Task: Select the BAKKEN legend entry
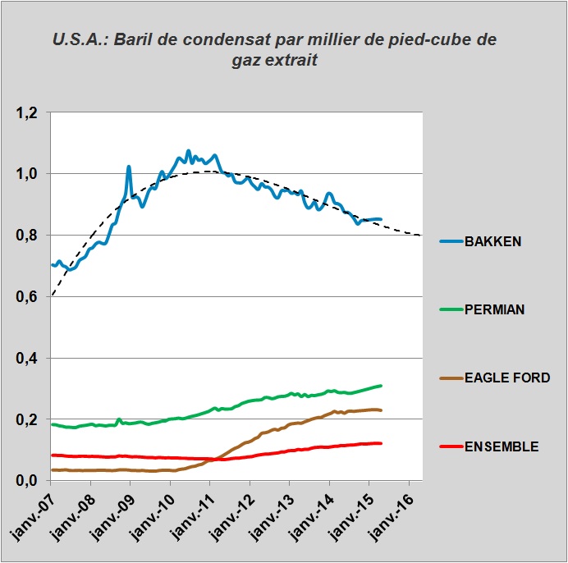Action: click(492, 242)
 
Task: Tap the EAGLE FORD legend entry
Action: click(506, 378)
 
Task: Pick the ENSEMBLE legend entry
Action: click(501, 446)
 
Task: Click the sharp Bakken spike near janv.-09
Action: click(129, 167)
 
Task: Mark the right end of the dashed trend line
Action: click(420, 236)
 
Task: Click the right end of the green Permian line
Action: click(381, 386)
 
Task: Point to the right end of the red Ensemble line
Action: click(381, 443)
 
